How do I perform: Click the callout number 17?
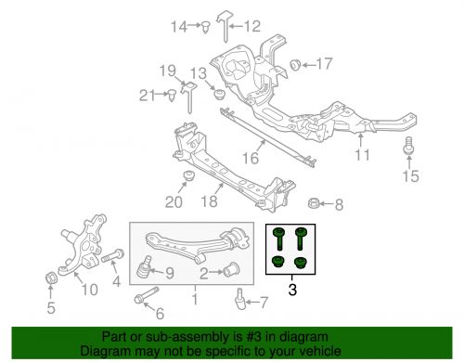pyautogui.click(x=324, y=64)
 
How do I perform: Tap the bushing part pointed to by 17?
pyautogui.click(x=295, y=64)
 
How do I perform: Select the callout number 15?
pyautogui.click(x=410, y=176)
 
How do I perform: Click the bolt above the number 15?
pyautogui.click(x=409, y=146)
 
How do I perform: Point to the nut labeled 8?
pyautogui.click(x=314, y=203)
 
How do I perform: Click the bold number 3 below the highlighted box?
pyautogui.click(x=292, y=290)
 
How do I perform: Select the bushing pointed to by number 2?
pyautogui.click(x=231, y=269)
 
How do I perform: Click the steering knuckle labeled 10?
pyautogui.click(x=83, y=246)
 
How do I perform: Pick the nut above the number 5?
pyautogui.click(x=51, y=278)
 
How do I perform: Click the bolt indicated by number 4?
pyautogui.click(x=112, y=256)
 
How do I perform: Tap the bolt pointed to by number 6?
pyautogui.click(x=147, y=295)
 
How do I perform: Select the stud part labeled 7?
pyautogui.click(x=239, y=299)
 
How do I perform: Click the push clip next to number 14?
pyautogui.click(x=205, y=27)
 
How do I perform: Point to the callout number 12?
pyautogui.click(x=252, y=26)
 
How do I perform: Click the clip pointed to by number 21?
pyautogui.click(x=171, y=96)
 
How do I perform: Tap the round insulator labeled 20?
pyautogui.click(x=188, y=176)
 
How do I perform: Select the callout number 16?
pyautogui.click(x=251, y=159)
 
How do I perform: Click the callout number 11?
pyautogui.click(x=362, y=155)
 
